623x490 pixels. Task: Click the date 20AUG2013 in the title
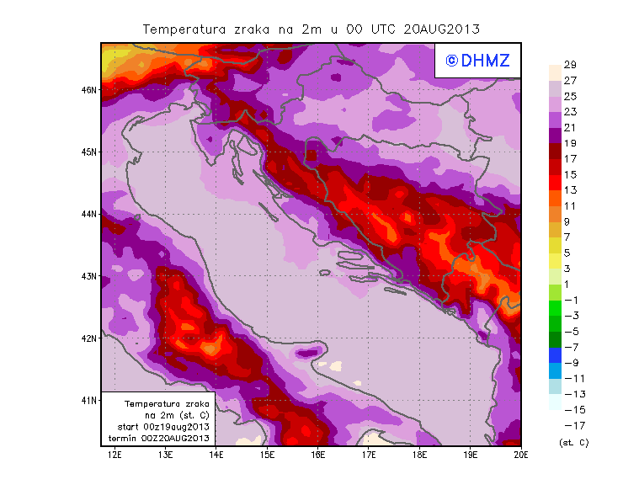pyautogui.click(x=442, y=29)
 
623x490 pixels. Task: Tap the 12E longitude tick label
pyautogui.click(x=114, y=455)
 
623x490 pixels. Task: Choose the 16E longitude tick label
pyautogui.click(x=318, y=455)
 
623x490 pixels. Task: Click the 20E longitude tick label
pyautogui.click(x=521, y=455)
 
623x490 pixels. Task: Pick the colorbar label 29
pyautogui.click(x=570, y=65)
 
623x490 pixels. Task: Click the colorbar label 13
pyautogui.click(x=570, y=190)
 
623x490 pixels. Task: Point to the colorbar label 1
pyautogui.click(x=570, y=284)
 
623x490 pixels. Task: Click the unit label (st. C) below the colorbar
pyautogui.click(x=573, y=442)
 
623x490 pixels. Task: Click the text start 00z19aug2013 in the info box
pyautogui.click(x=158, y=427)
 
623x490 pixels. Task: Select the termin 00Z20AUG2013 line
pyautogui.click(x=158, y=438)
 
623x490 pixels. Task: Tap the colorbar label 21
pyautogui.click(x=570, y=127)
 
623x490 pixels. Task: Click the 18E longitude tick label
pyautogui.click(x=420, y=455)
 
